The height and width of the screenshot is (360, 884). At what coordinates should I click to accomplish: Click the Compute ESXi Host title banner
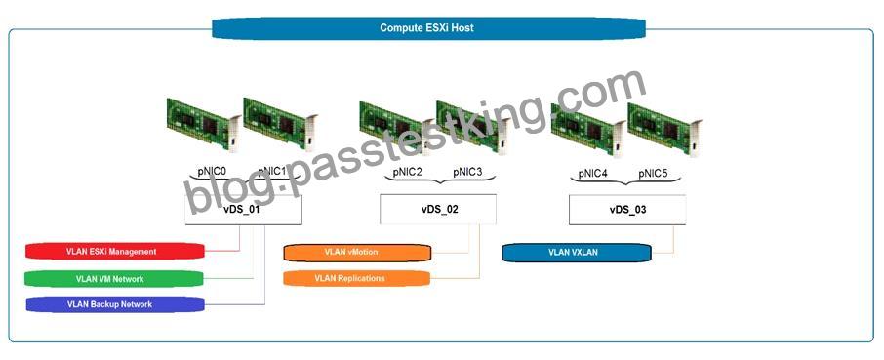pyautogui.click(x=428, y=28)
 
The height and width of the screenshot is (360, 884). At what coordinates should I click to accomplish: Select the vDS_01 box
pyautogui.click(x=243, y=210)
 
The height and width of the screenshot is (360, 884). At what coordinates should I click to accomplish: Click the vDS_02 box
pyautogui.click(x=438, y=210)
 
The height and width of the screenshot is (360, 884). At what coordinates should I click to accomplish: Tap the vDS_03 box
pyautogui.click(x=627, y=210)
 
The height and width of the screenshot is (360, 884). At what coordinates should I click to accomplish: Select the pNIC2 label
pyautogui.click(x=407, y=173)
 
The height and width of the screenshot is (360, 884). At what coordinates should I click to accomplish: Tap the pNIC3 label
pyautogui.click(x=466, y=173)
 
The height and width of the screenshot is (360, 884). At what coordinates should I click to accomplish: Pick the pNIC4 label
pyautogui.click(x=592, y=174)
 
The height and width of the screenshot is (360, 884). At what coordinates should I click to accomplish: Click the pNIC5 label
pyautogui.click(x=653, y=174)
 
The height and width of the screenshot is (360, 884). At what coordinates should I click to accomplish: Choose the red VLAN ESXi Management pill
pyautogui.click(x=115, y=252)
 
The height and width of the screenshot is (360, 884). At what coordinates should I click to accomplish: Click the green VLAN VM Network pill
pyautogui.click(x=114, y=279)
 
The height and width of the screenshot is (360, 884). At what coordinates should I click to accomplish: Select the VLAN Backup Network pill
pyautogui.click(x=114, y=304)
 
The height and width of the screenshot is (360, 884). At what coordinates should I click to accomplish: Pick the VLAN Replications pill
pyautogui.click(x=356, y=278)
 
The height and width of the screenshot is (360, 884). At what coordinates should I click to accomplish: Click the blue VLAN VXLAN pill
pyautogui.click(x=577, y=253)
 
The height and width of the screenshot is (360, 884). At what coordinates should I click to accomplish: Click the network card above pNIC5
pyautogui.click(x=665, y=130)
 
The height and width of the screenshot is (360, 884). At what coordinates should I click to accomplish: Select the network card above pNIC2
pyautogui.click(x=397, y=128)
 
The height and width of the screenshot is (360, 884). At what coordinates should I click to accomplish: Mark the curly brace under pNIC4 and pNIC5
pyautogui.click(x=625, y=180)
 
